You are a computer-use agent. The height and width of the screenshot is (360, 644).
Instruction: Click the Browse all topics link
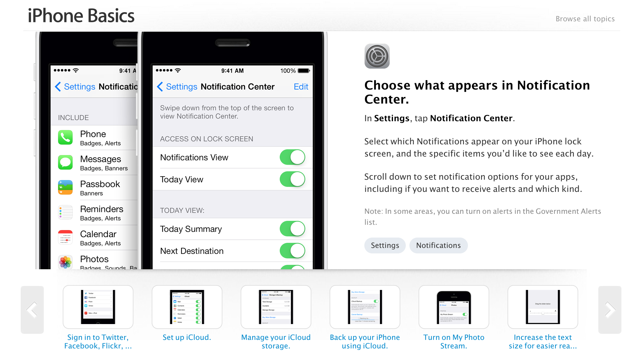tap(585, 19)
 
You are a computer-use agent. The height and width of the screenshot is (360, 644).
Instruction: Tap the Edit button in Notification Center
tap(301, 87)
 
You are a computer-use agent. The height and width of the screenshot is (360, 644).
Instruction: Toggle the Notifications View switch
tap(292, 157)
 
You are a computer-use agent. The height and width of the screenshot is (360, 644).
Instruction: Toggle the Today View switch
tap(292, 179)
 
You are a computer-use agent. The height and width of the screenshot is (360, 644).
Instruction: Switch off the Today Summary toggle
tap(292, 229)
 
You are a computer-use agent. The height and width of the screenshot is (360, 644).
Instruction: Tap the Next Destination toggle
tap(292, 251)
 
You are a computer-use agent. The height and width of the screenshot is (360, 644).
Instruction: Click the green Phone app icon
tap(65, 138)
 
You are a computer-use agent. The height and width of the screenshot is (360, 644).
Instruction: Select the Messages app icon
tap(65, 163)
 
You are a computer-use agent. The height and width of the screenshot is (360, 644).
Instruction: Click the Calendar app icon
tap(65, 238)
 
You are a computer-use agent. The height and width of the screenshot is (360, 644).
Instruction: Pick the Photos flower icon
tap(65, 262)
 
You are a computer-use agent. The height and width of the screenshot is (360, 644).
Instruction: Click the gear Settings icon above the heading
tap(377, 56)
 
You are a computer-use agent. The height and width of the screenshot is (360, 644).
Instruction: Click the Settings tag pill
tap(385, 245)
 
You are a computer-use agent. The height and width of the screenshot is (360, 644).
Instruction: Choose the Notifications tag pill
tap(438, 245)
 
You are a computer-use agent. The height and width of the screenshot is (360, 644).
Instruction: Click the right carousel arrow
tap(610, 310)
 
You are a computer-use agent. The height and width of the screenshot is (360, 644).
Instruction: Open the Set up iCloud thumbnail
tap(187, 307)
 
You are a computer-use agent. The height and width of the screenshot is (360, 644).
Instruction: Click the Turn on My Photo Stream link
tap(454, 341)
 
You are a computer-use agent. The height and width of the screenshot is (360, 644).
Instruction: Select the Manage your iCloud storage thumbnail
tap(276, 307)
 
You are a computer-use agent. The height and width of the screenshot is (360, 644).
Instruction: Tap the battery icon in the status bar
tap(304, 71)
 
